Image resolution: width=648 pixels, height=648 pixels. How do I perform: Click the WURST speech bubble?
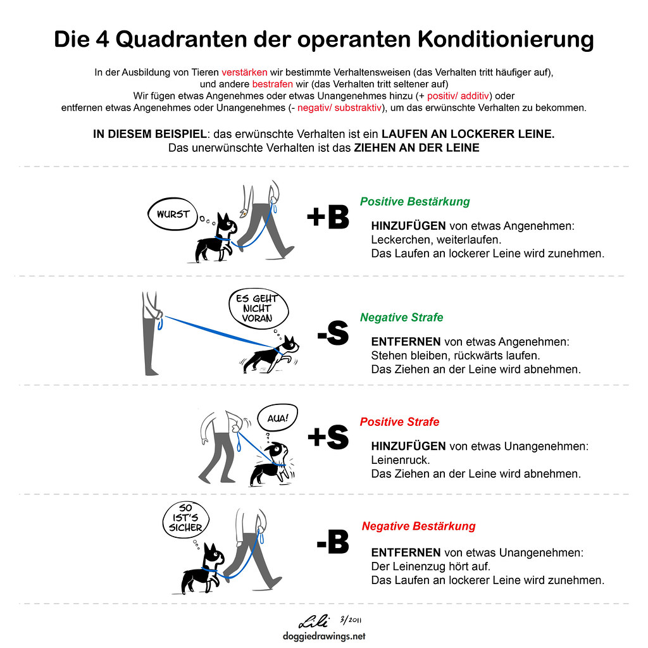point(173,214)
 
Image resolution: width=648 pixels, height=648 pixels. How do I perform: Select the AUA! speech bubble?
point(277,418)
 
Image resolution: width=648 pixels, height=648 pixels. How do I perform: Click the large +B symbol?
point(328,218)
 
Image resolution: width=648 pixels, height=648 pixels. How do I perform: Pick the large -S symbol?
point(333,333)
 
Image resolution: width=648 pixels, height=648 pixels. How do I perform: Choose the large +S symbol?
point(328,437)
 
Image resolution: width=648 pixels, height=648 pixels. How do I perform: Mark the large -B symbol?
point(333,542)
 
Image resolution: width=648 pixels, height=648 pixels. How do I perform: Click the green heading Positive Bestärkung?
point(414,201)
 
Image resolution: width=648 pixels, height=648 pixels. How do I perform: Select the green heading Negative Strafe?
point(401,317)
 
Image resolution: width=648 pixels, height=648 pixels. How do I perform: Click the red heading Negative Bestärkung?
point(418,526)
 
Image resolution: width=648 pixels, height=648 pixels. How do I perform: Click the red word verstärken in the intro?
point(244,72)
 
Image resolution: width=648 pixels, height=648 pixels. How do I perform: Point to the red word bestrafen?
point(272,84)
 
